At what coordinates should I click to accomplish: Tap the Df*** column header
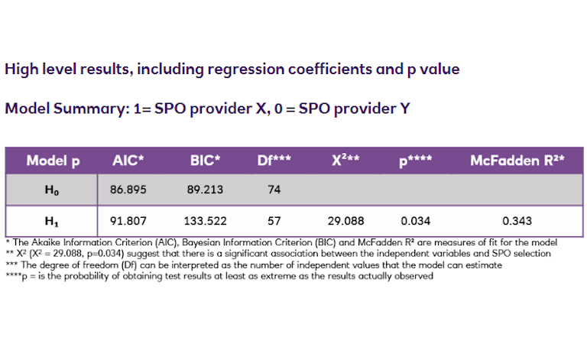pos(274,161)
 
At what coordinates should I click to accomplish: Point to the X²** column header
pos(346,161)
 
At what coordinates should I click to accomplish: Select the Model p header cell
pos(53,161)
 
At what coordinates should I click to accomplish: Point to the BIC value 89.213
pos(205,190)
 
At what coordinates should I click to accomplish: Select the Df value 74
pos(274,190)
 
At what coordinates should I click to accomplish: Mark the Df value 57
pos(274,221)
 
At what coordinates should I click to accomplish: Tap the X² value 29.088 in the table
pos(346,221)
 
